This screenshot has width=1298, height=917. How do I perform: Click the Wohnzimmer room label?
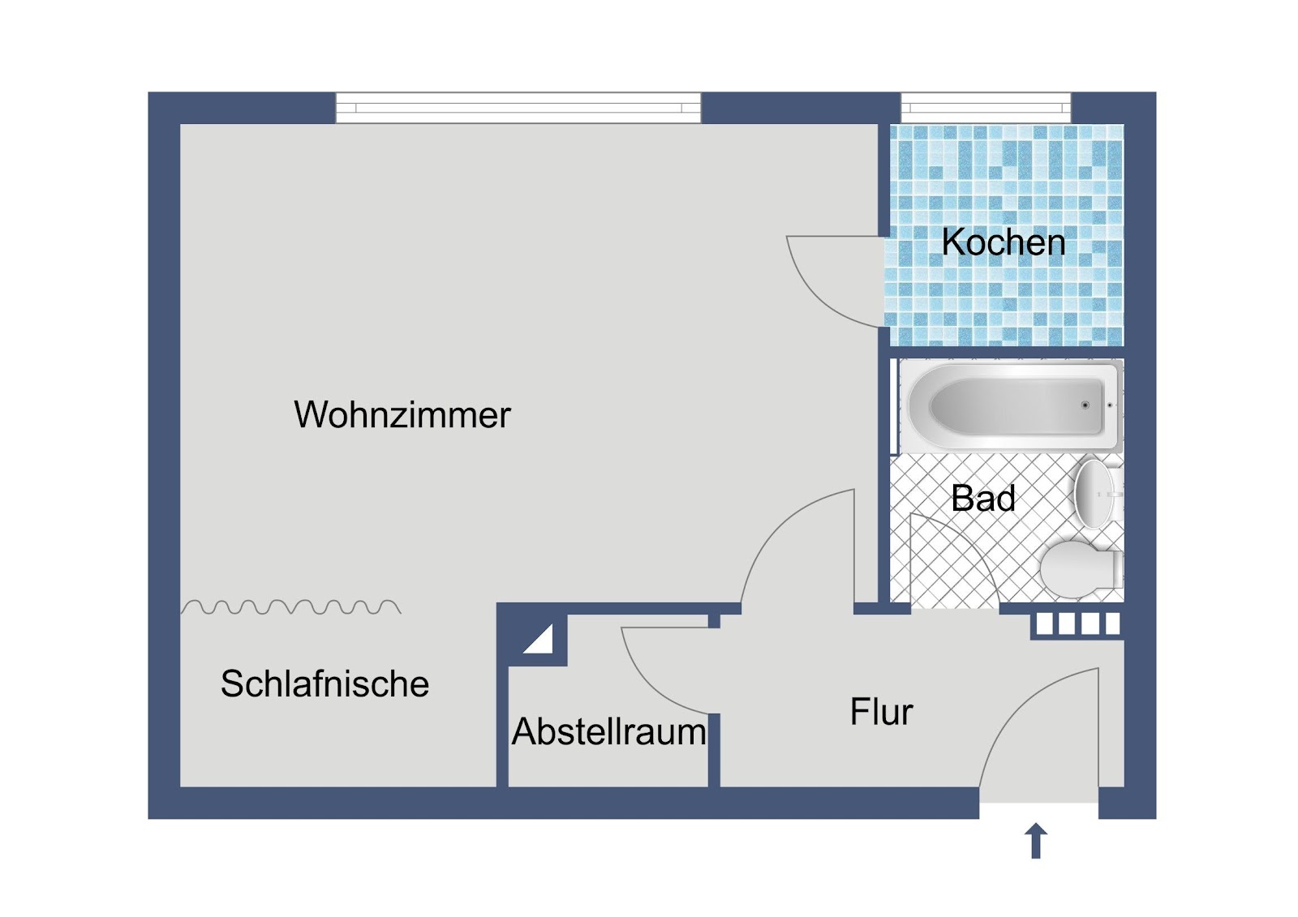tap(402, 415)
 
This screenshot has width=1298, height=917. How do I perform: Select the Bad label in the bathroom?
tap(983, 498)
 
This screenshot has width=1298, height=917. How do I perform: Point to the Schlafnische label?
tap(324, 683)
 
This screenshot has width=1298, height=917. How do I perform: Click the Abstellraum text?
tap(608, 731)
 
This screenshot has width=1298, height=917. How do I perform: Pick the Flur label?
tap(881, 711)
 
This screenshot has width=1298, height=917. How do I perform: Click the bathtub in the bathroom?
tap(1011, 405)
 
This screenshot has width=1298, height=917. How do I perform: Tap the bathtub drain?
tap(1085, 405)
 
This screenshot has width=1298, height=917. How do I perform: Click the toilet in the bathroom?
tap(1081, 570)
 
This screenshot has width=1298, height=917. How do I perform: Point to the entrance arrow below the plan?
tap(1036, 841)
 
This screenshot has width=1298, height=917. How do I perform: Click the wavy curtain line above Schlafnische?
tap(291, 607)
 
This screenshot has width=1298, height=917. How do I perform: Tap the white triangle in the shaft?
tap(539, 640)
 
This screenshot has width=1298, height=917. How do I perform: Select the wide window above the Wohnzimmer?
tap(518, 108)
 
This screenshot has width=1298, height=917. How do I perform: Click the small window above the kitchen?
tap(986, 108)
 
